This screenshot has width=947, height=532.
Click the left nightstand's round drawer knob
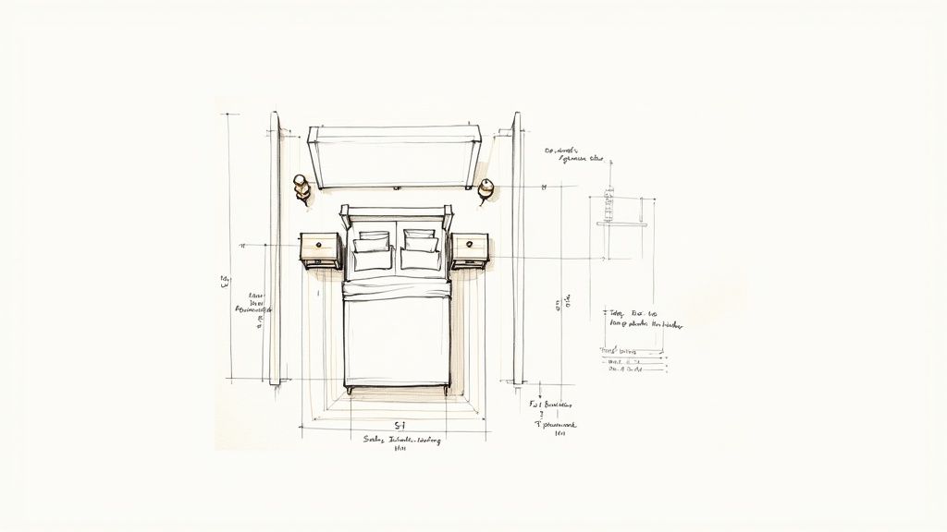[319, 245]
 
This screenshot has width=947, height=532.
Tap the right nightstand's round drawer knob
[470, 245]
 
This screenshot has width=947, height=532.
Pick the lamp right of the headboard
[486, 187]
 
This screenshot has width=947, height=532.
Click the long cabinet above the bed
[395, 157]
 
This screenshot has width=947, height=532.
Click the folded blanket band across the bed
[397, 291]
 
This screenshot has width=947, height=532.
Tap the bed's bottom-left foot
[348, 391]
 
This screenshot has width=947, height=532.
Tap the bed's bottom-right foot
[446, 391]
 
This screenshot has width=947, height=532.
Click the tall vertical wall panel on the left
[275, 248]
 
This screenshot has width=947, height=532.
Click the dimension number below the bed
[400, 424]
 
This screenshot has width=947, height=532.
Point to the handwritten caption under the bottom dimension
[401, 441]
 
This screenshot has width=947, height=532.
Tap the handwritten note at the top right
[573, 153]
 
